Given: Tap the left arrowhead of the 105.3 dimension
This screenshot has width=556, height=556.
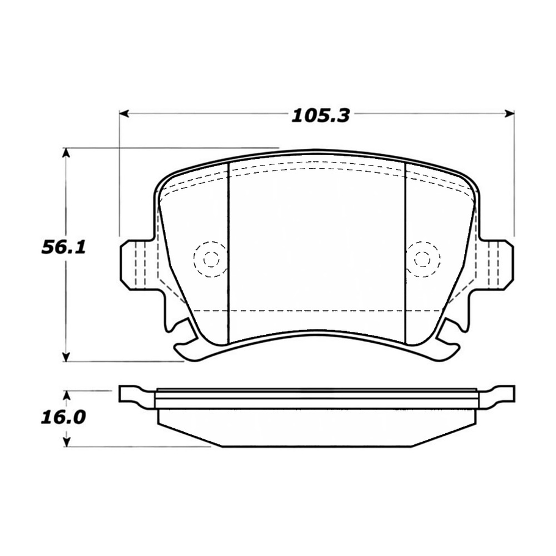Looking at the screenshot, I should point(123,114).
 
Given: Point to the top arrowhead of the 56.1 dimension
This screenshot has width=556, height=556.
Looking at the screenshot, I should point(67,152).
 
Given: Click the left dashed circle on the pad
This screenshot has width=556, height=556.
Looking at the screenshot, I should point(211,259).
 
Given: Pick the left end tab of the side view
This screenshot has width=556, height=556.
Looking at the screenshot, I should point(131,394).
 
